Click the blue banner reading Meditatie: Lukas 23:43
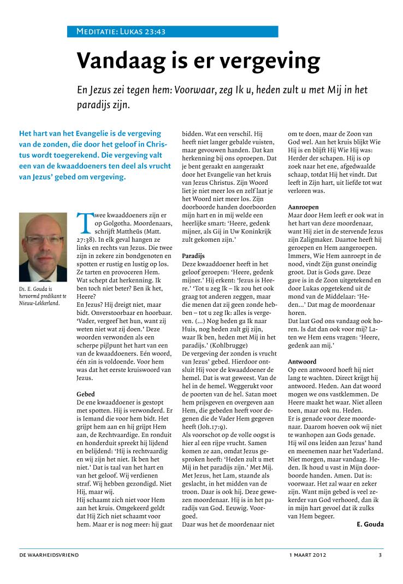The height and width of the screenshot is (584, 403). [173, 32]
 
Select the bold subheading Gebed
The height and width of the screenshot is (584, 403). [86, 394]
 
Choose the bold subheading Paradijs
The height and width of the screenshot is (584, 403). [193, 255]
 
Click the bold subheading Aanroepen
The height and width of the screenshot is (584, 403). [304, 208]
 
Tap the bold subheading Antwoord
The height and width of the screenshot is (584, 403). [302, 362]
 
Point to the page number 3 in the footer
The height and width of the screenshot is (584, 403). [380, 555]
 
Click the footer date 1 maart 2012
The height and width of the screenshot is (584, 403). [308, 555]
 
